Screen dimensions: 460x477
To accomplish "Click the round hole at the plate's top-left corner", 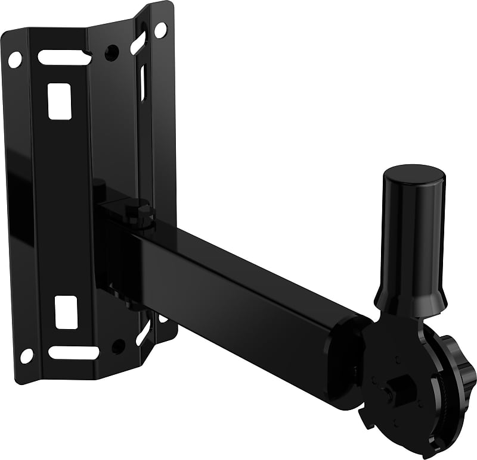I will coord(14,59).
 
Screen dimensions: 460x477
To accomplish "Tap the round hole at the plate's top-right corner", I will coord(160,28).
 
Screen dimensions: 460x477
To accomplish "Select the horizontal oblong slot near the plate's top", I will coord(64,58).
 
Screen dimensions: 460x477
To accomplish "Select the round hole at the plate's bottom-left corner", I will coord(27,355).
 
